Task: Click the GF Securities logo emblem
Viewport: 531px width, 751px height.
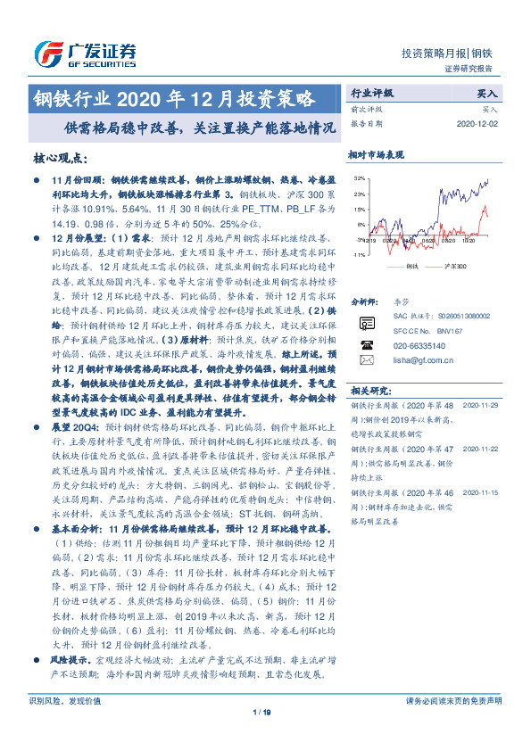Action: click(46, 52)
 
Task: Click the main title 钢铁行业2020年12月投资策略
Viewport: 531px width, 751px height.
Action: click(174, 96)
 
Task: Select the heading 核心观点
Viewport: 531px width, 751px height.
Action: click(61, 158)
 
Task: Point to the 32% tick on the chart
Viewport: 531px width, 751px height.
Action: click(358, 178)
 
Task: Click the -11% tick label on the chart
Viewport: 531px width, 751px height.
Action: click(357, 255)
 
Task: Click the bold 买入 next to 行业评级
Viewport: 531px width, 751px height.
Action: click(488, 92)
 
